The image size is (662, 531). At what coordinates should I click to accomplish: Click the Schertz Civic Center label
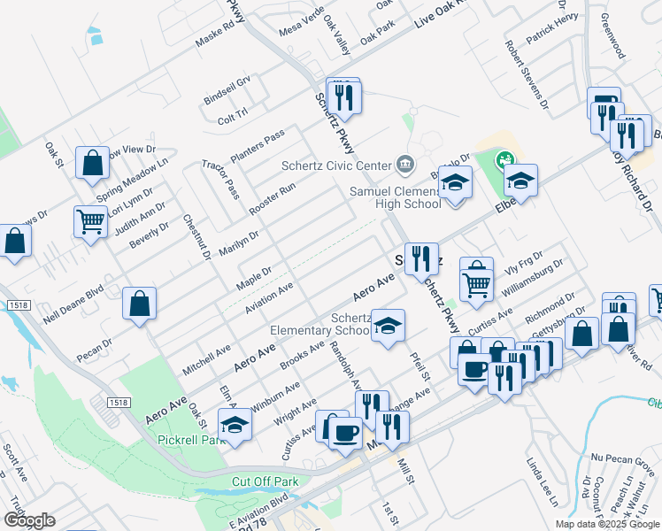click(x=336, y=165)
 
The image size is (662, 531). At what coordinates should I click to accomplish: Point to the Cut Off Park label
click(x=261, y=481)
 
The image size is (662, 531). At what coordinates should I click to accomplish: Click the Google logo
click(x=28, y=520)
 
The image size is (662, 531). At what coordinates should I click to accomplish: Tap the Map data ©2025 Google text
click(x=607, y=524)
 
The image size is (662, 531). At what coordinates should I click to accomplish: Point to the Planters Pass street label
click(x=258, y=145)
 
